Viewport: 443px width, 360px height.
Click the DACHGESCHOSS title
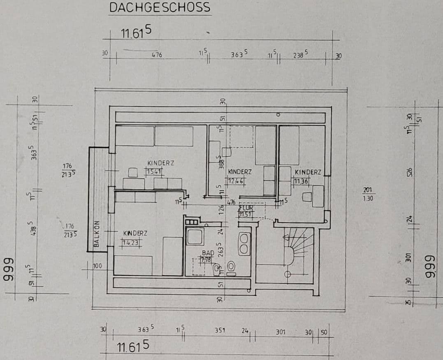pos(160,7)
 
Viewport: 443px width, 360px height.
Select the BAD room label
pos(207,253)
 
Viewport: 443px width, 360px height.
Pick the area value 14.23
pos(131,242)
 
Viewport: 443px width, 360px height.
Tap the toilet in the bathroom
pos(231,268)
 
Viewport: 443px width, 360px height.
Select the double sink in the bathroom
pos(244,244)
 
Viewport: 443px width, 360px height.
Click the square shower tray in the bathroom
pos(194,237)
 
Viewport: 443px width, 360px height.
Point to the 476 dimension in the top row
pos(157,55)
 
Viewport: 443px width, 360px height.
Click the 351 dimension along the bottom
pos(220,330)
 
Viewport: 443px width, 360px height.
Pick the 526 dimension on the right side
pos(410,172)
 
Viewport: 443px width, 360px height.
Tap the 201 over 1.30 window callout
pos(367,193)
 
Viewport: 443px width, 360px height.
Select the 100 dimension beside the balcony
pos(97,267)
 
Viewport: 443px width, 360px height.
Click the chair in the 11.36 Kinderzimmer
pos(306,197)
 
